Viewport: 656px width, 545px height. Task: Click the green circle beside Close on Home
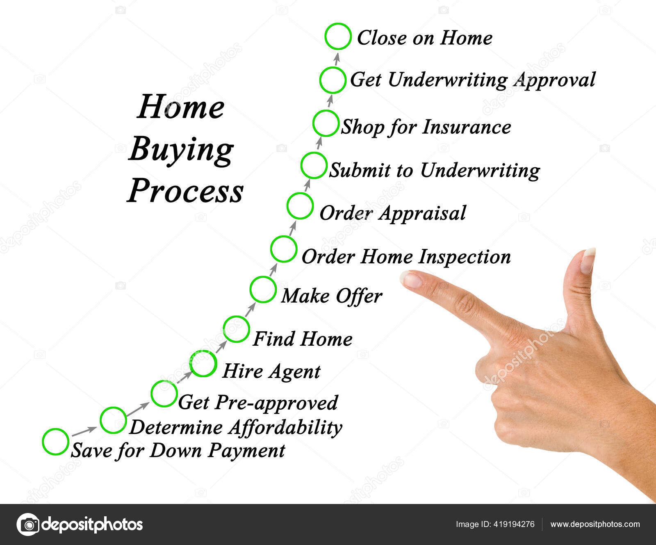338,36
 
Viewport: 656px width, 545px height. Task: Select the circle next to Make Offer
263,290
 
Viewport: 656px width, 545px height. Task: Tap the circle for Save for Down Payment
55,442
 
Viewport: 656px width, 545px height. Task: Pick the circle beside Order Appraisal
300,206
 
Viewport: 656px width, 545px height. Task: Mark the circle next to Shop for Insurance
326,123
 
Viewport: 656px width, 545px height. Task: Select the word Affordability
285,427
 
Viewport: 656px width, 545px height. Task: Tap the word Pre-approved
276,403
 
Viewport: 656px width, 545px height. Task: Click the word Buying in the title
181,150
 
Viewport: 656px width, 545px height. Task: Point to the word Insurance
467,127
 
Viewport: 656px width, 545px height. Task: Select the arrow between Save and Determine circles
84,431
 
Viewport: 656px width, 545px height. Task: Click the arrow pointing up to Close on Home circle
337,59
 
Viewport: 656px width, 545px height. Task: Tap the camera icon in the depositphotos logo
28,524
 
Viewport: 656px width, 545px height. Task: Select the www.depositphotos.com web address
595,524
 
